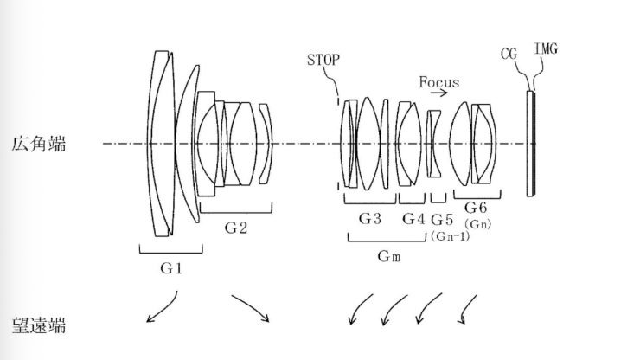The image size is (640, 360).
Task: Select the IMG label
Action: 547,49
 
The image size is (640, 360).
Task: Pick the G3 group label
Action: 370,219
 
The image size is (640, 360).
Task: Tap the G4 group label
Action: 413,219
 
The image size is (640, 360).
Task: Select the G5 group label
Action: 441,219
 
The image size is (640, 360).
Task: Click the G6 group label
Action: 477,208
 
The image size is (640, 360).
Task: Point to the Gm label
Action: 387,257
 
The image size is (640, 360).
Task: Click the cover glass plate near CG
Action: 529,143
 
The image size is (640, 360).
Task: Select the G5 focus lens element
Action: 436,143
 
